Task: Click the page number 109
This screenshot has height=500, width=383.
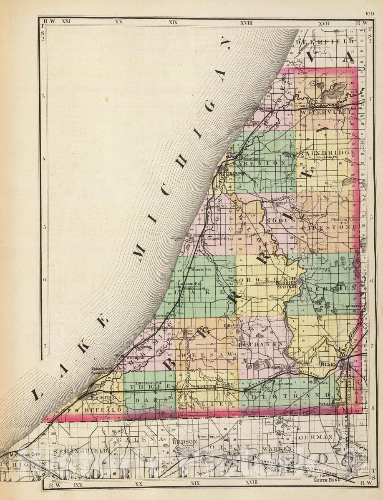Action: [x=369, y=13]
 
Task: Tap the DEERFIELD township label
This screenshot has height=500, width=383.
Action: [x=325, y=42]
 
